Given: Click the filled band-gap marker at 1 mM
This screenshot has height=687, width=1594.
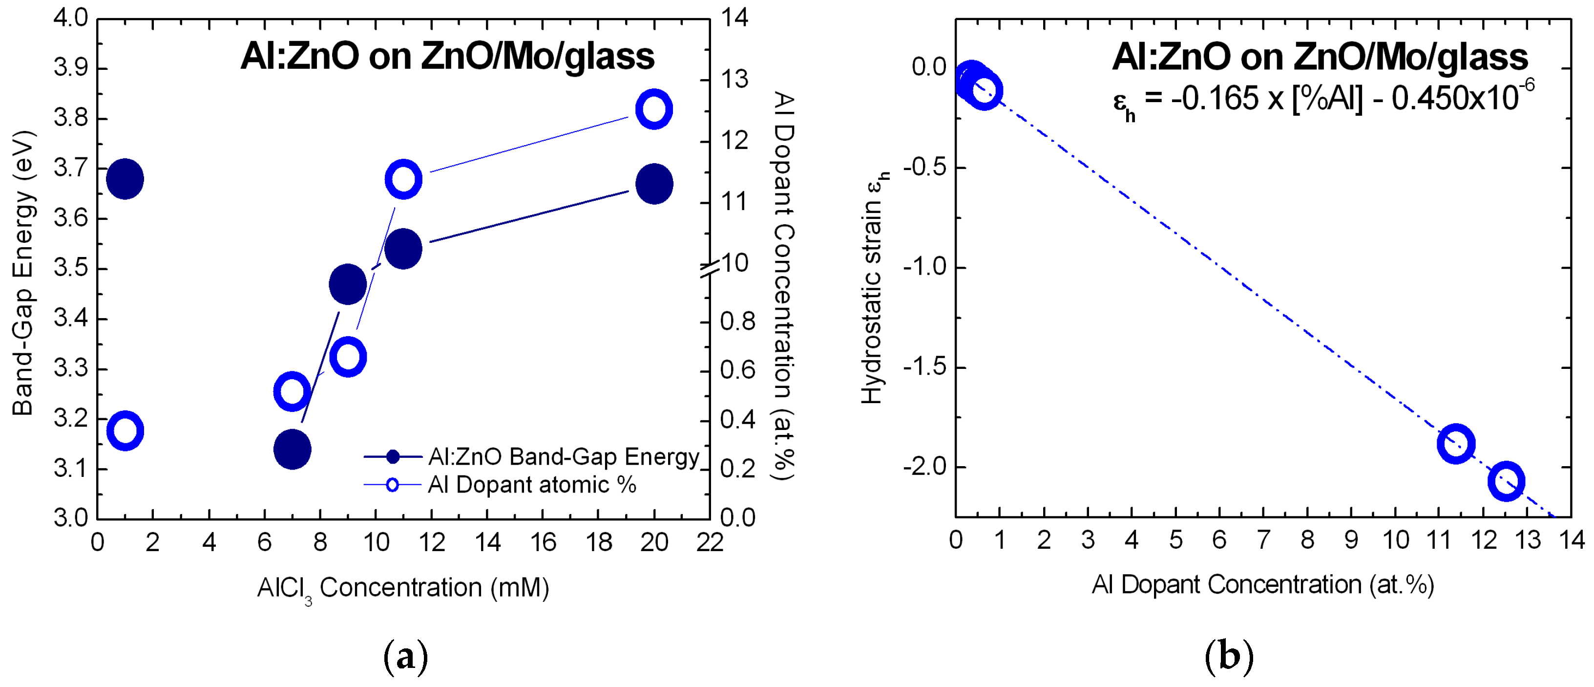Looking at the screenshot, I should point(125,179).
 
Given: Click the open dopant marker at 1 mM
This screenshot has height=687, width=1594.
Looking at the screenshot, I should point(125,430).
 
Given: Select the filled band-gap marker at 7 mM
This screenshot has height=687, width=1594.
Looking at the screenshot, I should point(292,450).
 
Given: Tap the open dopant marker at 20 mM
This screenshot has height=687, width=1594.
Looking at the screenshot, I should point(654,109).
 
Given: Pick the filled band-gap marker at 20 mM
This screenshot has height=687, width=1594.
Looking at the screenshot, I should point(654,184).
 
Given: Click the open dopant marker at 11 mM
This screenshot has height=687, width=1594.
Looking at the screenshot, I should point(403,179).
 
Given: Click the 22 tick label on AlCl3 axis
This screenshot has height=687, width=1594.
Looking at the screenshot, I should point(709,543).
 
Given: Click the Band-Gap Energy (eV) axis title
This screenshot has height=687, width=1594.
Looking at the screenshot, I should point(23,272).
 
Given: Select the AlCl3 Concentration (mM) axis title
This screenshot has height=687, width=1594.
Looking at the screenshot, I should point(403,588).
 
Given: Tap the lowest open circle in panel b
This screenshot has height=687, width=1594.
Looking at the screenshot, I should point(1506,481).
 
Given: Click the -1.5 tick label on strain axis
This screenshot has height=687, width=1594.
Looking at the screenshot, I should point(924,367).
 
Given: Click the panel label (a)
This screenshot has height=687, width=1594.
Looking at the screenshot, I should point(405,657).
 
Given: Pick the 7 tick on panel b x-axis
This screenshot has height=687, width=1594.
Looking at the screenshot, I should point(1263,540).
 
